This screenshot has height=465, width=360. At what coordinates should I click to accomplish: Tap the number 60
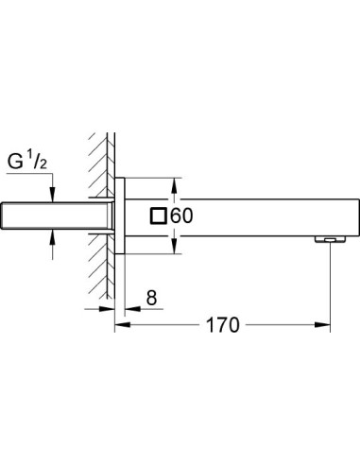tap(182, 216)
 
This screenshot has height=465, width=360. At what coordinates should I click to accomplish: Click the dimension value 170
tap(221, 326)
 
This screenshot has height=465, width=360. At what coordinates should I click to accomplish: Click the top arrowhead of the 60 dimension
tap(174, 183)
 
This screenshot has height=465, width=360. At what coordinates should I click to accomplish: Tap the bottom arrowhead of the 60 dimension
tap(174, 250)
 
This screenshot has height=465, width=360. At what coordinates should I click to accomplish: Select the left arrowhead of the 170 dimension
tap(120, 326)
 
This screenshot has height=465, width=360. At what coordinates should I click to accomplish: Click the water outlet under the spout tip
tap(329, 242)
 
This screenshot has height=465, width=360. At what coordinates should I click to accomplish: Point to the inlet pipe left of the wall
tap(57, 216)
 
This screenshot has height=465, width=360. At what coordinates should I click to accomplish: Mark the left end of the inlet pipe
tap(7, 216)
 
